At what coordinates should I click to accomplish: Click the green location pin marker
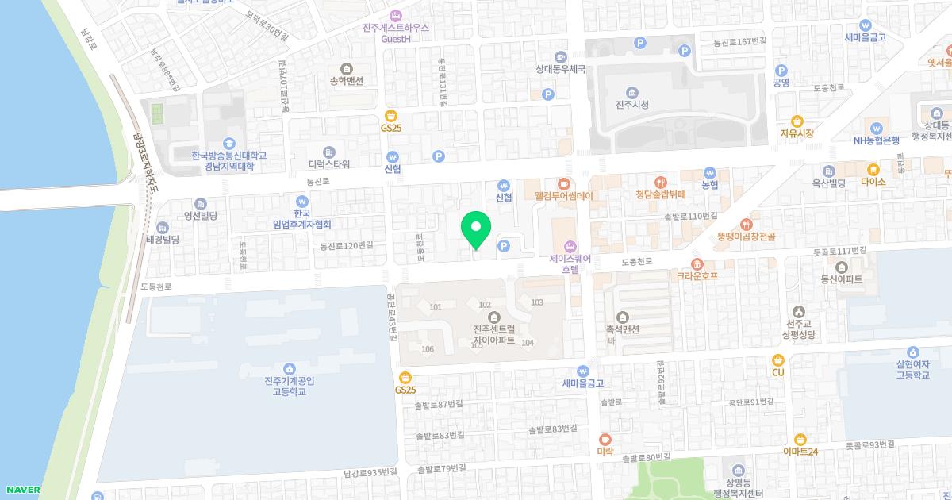[476, 231]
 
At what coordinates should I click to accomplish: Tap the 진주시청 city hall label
[631, 105]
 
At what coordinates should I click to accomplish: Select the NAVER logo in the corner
[21, 489]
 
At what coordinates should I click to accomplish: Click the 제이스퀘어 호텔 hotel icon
[570, 246]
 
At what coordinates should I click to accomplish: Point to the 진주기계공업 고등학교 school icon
[289, 368]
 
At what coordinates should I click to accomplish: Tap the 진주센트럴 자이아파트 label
[493, 335]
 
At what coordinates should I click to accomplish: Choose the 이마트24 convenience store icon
[800, 439]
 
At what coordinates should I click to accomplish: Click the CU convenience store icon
[778, 360]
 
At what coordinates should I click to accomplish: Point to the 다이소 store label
[873, 181]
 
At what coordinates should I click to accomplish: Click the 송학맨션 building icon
[345, 68]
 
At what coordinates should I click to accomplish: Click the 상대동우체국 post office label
[560, 69]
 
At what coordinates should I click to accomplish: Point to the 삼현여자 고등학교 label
[912, 370]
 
